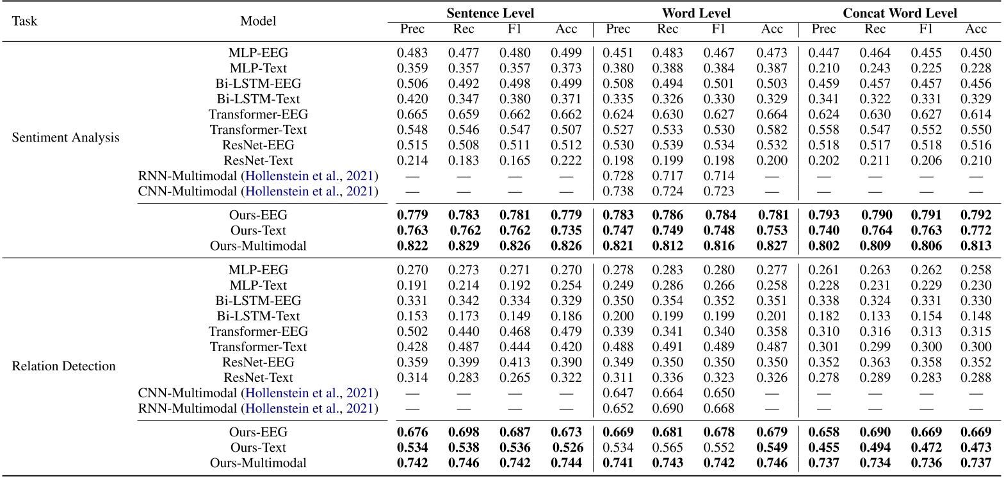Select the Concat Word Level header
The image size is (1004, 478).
pos(900,13)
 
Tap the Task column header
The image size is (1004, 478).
pos(24,21)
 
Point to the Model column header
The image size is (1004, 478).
pos(258,21)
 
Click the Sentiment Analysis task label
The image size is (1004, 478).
pos(65,138)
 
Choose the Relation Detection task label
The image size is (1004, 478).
pos(63,367)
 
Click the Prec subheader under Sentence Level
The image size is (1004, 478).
pos(412,29)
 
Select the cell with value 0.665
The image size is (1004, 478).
pos(412,115)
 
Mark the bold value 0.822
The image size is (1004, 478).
pos(412,246)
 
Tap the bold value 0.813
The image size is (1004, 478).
pos(976,246)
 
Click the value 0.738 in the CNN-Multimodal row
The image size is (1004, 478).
pos(617,192)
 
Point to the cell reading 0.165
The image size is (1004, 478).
pos(515,161)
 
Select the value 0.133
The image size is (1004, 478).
pos(875,316)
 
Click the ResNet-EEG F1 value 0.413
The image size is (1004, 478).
pos(515,362)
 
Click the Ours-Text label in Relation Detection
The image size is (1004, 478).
pos(258,448)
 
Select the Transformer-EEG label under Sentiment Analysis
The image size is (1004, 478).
pos(258,115)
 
